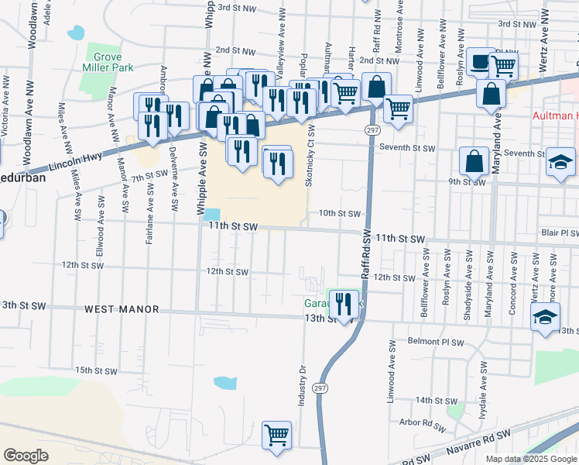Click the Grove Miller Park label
[108, 62]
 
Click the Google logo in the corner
[26, 455]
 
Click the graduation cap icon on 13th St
[545, 317]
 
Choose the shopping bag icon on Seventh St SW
[474, 161]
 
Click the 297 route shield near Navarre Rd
[320, 387]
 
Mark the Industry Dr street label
[303, 386]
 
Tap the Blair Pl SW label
[559, 232]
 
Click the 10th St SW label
[340, 213]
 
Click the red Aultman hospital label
[555, 115]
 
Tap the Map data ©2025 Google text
[531, 459]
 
